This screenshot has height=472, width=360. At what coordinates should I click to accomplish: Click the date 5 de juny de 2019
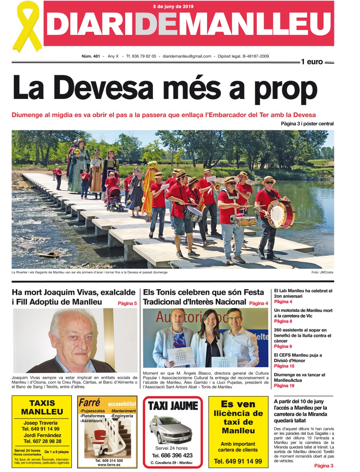tap(173, 6)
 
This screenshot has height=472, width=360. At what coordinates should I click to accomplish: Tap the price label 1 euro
tap(312, 62)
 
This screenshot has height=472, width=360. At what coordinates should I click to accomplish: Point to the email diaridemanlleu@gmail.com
tap(187, 56)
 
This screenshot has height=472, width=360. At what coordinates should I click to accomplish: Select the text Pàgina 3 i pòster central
tap(307, 124)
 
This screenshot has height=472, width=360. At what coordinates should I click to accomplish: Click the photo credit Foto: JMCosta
tap(322, 272)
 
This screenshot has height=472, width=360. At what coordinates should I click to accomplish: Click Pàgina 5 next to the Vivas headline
tap(127, 303)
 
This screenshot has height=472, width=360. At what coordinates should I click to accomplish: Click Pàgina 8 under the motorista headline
tap(283, 321)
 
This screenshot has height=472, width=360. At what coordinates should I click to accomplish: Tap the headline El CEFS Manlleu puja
tap(298, 358)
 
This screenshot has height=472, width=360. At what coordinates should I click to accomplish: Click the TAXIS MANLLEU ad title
tap(42, 407)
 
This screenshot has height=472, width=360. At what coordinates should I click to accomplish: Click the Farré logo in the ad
tap(89, 402)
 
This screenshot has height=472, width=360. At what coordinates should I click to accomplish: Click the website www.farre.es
tap(109, 465)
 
